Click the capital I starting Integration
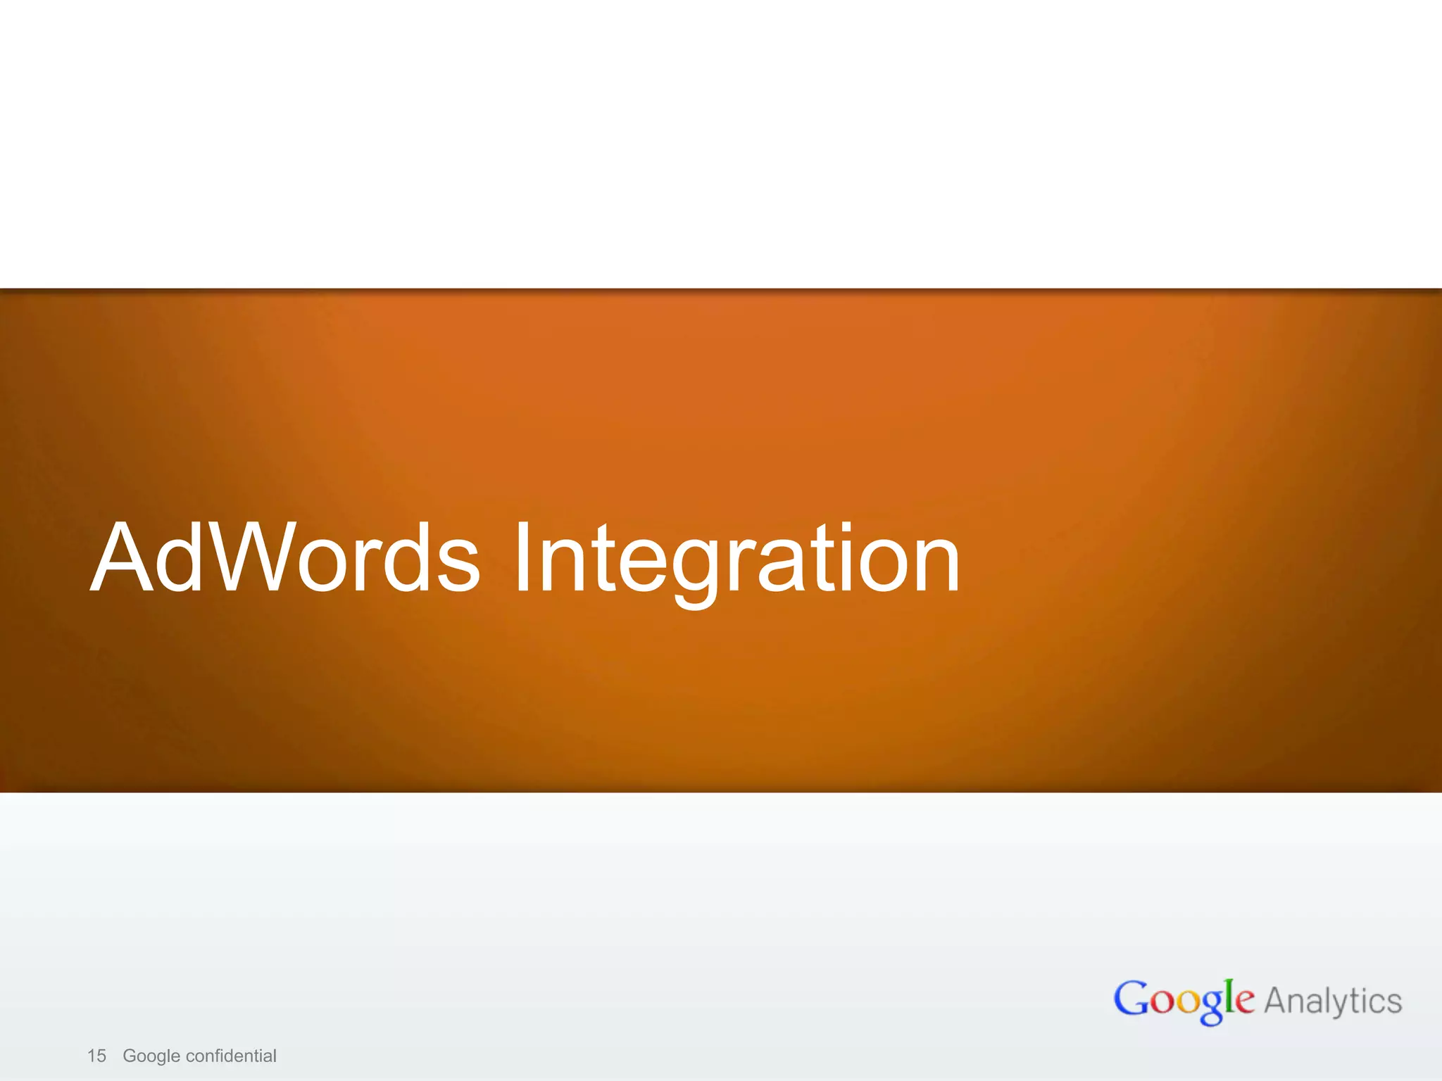[x=522, y=557]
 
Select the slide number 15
[x=96, y=1056]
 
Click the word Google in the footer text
[x=151, y=1056]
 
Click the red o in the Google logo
[x=1162, y=1002]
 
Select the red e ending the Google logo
[x=1244, y=1002]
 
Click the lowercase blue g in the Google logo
[x=1211, y=1008]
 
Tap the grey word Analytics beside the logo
[x=1333, y=1001]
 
